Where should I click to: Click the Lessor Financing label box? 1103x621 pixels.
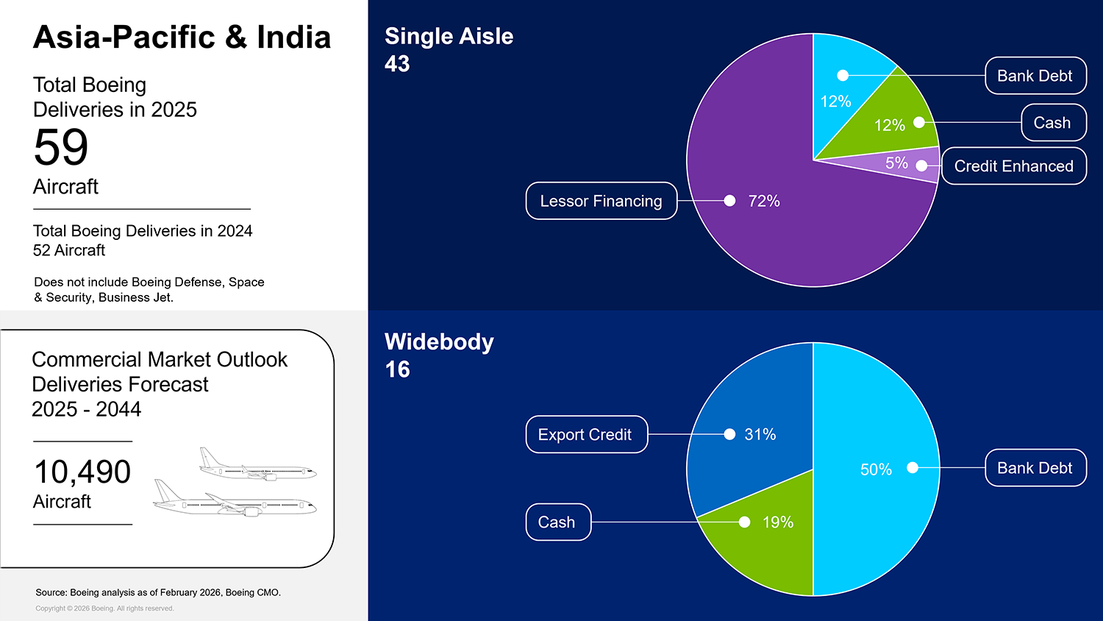tap(602, 201)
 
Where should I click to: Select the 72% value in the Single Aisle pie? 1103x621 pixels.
tap(764, 201)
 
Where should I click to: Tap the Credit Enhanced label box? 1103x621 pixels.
tap(1014, 166)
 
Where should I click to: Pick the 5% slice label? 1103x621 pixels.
tap(896, 163)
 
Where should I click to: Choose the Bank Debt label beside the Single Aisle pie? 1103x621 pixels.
tap(1035, 75)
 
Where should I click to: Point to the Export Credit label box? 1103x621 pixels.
tap(587, 434)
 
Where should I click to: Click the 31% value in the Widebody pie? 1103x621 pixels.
tap(760, 434)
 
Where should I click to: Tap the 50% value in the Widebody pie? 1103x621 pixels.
tap(876, 469)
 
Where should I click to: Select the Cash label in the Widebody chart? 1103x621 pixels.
tap(558, 522)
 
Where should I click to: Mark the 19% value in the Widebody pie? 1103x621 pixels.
tap(778, 522)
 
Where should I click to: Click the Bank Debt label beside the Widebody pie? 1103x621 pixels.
tap(1035, 468)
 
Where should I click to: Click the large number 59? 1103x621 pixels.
tap(61, 147)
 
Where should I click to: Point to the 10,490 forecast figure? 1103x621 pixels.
tap(82, 472)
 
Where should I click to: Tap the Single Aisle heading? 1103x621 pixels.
tap(449, 37)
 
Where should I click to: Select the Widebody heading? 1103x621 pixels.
tap(439, 342)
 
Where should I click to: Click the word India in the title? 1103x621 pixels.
tap(294, 37)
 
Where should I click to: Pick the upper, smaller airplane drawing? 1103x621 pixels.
tap(257, 464)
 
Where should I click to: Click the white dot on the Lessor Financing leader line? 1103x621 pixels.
tap(729, 201)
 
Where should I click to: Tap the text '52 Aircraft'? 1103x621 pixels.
tap(69, 250)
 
